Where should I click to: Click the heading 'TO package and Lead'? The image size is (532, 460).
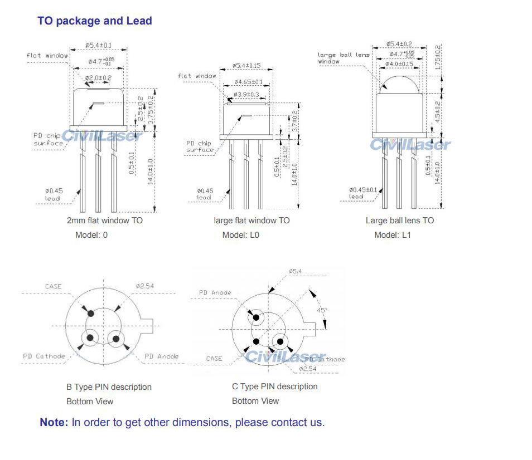pos(95,21)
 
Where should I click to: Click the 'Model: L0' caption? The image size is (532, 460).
pos(240,235)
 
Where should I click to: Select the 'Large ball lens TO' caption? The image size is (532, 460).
pos(399,221)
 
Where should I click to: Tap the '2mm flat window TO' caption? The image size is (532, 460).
pos(105,221)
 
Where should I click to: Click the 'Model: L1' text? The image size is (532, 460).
pos(393,235)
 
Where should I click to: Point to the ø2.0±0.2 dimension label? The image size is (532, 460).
pos(99,77)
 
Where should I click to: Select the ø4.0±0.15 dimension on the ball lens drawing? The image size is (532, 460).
pos(399,65)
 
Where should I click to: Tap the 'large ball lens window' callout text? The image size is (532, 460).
pos(343,58)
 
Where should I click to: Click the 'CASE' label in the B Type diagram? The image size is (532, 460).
pos(54,286)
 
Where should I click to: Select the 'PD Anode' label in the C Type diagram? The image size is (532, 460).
pos(215,292)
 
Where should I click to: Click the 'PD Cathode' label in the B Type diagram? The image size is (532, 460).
pos(44,356)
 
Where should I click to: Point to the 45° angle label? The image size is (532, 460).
pos(322,310)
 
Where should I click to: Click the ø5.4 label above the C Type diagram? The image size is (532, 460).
pos(296,271)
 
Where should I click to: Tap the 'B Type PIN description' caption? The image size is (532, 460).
pos(109,387)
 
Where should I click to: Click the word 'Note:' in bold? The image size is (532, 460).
pos(54,422)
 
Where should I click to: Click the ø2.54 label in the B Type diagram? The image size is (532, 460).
pos(144,286)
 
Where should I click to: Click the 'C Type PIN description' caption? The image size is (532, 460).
pos(274,386)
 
